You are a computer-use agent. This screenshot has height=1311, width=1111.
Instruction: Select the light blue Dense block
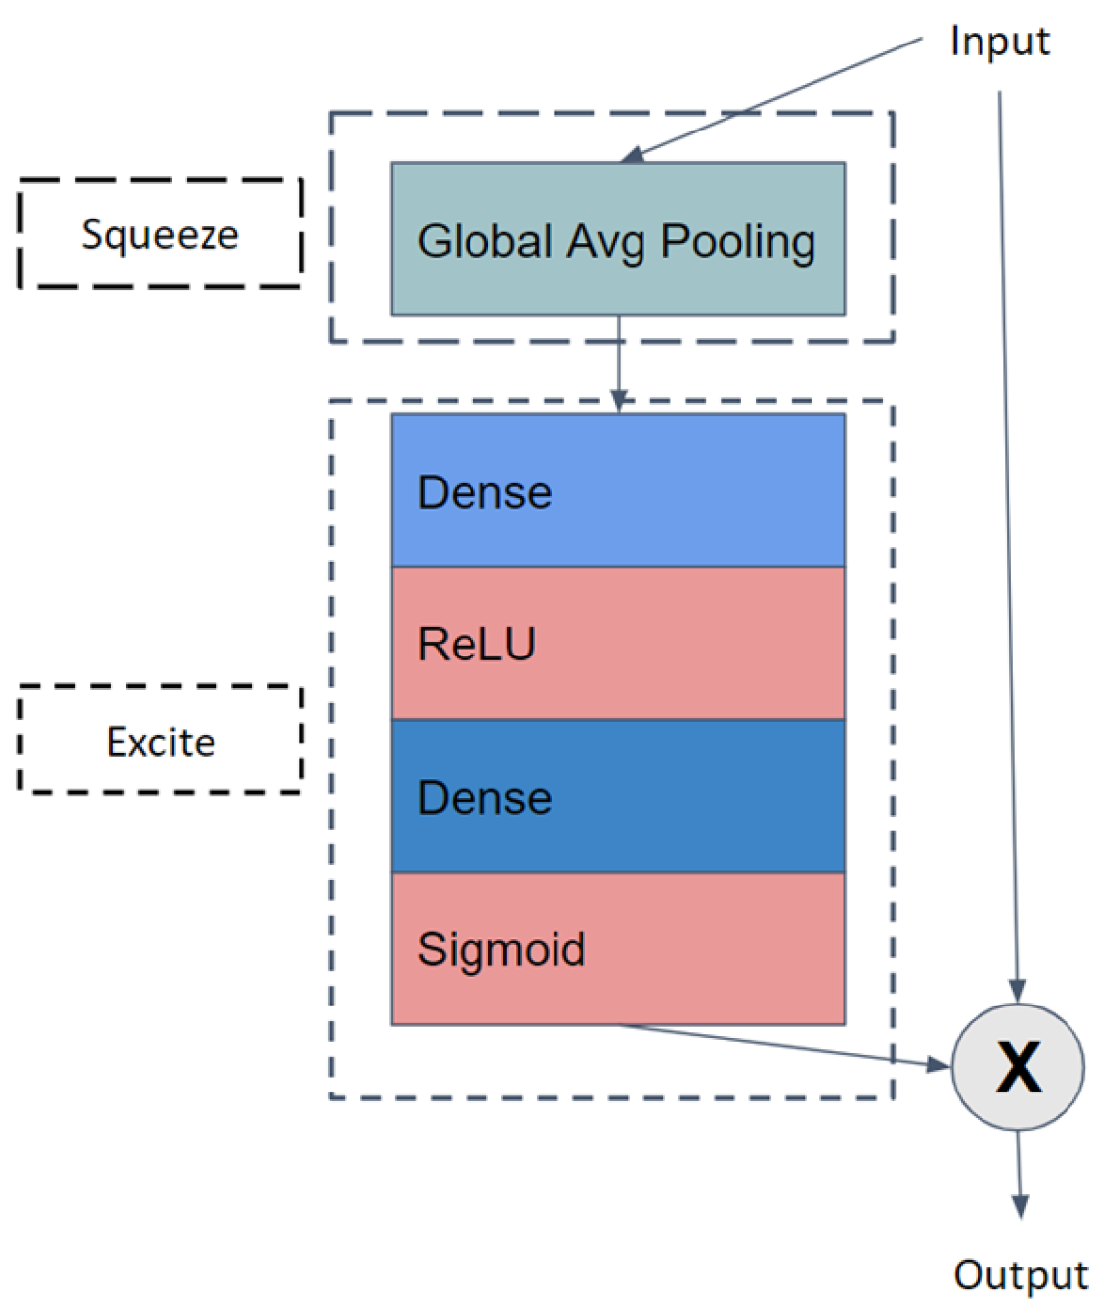tap(618, 490)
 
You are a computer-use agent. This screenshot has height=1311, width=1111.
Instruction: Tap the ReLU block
tap(618, 643)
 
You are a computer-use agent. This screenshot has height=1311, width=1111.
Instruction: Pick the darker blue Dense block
tap(618, 796)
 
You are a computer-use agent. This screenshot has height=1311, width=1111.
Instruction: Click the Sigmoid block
tap(618, 948)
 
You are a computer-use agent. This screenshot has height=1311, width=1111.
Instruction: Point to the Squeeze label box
tap(160, 234)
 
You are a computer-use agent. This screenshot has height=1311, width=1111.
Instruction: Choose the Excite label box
tap(160, 741)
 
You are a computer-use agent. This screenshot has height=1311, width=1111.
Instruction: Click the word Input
tap(998, 42)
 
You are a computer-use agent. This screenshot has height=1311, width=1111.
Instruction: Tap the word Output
tap(1020, 1274)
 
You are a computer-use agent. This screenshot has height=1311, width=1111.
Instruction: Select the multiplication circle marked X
tap(1017, 1067)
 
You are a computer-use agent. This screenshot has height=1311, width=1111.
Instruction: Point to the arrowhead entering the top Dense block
tap(619, 400)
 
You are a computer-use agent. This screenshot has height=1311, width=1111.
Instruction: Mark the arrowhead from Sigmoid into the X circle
tap(938, 1064)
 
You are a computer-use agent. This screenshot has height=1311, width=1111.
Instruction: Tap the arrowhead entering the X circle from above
tap(1017, 990)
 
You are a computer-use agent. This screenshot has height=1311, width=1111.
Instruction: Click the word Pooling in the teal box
tap(737, 241)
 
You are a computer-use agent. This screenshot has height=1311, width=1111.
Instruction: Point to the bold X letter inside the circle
tap(1018, 1068)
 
